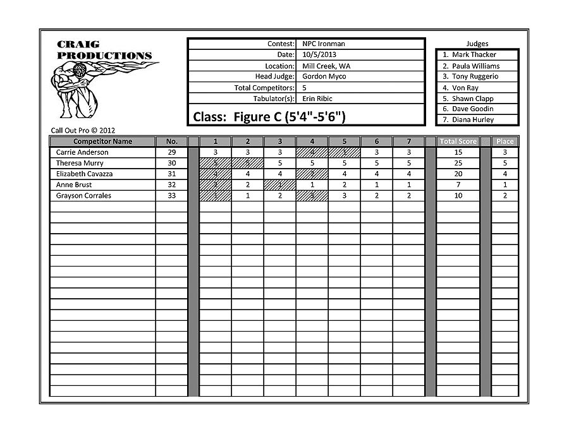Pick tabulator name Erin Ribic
click(317, 99)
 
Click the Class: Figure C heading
click(269, 117)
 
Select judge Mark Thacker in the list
click(474, 55)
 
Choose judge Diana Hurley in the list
click(473, 119)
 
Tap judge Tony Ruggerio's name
click(475, 76)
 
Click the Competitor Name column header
click(102, 141)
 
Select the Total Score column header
click(458, 141)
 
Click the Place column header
click(505, 141)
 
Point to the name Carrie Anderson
click(82, 152)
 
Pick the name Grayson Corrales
click(83, 196)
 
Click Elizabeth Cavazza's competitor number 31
click(172, 174)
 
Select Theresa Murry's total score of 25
click(458, 163)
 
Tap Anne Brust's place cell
click(505, 184)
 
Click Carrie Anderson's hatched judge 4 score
click(312, 152)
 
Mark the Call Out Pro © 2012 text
click(83, 130)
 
